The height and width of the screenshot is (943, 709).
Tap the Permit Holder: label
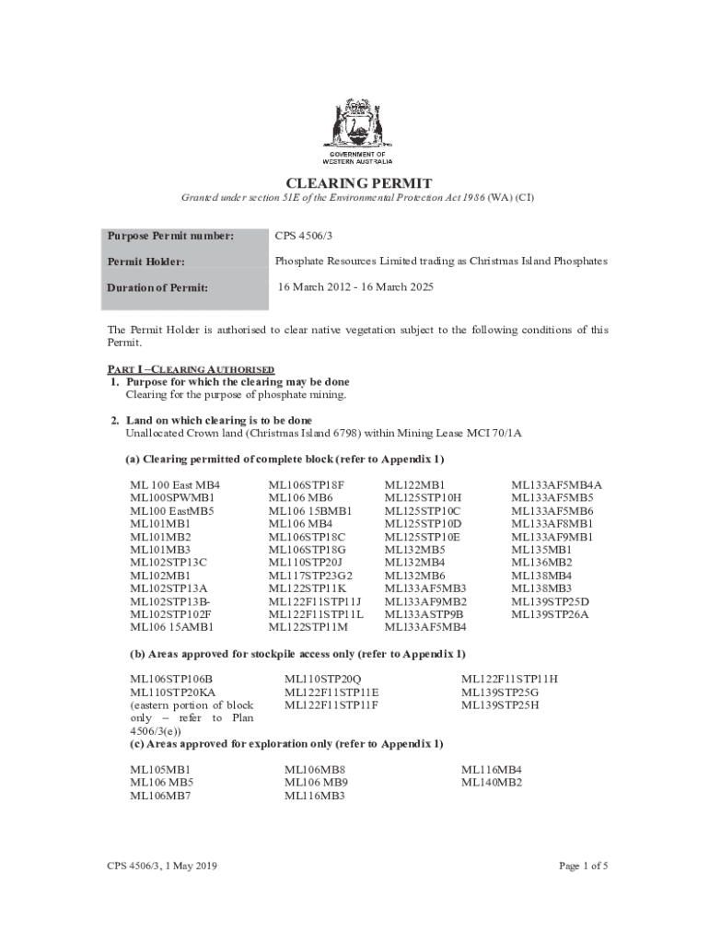coord(145,262)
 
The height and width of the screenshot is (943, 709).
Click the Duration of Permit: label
coord(157,287)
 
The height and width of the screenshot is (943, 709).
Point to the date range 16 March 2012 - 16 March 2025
coord(355,287)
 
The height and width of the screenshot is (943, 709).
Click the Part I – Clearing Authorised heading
coord(191,368)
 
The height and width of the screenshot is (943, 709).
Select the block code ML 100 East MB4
coord(175,484)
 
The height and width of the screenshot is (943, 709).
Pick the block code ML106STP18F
coord(306,484)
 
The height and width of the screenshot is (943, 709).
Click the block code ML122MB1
coord(414,484)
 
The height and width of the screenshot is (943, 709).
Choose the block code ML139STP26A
coord(550,614)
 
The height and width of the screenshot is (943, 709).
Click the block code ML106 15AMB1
coord(171,627)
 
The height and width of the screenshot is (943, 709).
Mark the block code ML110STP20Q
coord(323,679)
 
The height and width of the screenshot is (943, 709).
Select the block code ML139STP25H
coord(500,704)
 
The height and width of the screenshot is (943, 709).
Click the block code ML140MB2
coord(492,782)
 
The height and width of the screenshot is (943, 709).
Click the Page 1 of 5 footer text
coord(583,866)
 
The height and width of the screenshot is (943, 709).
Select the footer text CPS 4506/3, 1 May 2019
coord(162,866)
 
